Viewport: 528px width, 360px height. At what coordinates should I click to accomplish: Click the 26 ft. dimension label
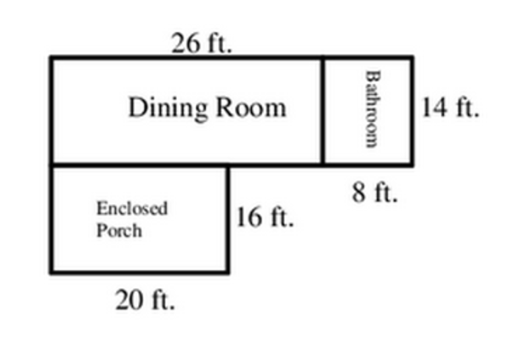[x=202, y=43]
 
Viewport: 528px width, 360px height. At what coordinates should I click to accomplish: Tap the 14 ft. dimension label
[x=450, y=107]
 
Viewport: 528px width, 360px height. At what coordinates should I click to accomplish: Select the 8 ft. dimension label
[x=375, y=192]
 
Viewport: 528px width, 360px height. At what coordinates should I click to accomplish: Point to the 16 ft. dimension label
[x=265, y=217]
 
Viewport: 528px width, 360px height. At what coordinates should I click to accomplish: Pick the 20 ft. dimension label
[x=145, y=300]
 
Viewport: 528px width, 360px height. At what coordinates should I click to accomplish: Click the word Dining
[x=168, y=108]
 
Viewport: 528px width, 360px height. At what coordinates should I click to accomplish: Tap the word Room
[x=251, y=108]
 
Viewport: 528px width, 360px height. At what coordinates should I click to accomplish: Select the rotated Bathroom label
[x=373, y=109]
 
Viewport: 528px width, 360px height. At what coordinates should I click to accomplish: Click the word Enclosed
[x=132, y=208]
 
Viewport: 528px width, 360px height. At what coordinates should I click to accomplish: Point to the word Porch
[x=119, y=231]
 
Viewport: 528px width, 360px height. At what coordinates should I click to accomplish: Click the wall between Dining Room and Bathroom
[x=323, y=111]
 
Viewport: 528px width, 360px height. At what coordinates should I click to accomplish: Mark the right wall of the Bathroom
[x=411, y=111]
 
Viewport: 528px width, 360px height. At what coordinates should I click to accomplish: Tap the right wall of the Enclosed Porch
[x=228, y=219]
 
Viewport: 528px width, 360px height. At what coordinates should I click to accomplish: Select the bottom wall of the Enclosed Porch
[x=140, y=271]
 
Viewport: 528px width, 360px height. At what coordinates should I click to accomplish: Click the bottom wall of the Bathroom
[x=367, y=164]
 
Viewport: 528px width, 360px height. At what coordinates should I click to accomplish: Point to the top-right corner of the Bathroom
[x=412, y=57]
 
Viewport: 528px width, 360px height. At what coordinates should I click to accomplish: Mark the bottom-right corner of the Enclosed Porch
[x=228, y=271]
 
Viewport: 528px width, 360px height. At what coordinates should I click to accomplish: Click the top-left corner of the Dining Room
[x=52, y=58]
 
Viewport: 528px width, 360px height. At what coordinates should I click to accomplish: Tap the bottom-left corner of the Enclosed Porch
[x=52, y=271]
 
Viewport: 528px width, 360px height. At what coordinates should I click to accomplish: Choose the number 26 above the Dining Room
[x=185, y=43]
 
